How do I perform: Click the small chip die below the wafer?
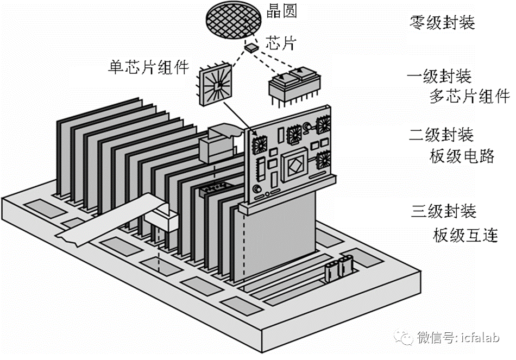pos(251,48)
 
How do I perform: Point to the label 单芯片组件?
pos(148,68)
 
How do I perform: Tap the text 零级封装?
pos(441,23)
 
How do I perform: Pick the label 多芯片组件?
pos(469,97)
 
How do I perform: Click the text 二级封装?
pos(441,135)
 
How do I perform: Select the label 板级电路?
pos(462,156)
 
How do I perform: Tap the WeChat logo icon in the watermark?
pos(405,337)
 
